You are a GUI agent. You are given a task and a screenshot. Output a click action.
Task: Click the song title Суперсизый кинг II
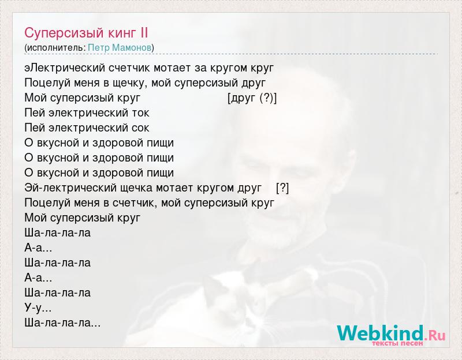click(x=86, y=33)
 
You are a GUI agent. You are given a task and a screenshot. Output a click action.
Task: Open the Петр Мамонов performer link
click(x=120, y=48)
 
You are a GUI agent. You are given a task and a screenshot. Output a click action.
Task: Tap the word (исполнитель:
click(x=55, y=48)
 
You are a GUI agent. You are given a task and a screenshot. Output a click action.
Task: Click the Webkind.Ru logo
click(x=392, y=333)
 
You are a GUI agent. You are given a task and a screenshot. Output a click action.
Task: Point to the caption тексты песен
click(x=397, y=343)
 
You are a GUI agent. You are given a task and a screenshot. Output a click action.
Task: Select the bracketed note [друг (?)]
click(x=252, y=98)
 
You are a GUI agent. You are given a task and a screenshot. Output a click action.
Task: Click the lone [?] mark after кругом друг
click(x=282, y=188)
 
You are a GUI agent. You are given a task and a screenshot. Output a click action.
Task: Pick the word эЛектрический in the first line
click(x=65, y=68)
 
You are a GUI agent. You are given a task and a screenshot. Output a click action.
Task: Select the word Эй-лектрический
click(x=70, y=188)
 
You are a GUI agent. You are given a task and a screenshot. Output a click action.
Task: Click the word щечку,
click(x=129, y=83)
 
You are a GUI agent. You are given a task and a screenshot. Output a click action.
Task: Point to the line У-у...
click(x=38, y=308)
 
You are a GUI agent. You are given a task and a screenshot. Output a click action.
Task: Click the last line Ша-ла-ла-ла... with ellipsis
click(x=62, y=323)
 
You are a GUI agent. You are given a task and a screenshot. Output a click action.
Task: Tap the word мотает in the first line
click(x=172, y=68)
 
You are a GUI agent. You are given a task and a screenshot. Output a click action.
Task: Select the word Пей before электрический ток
click(x=35, y=113)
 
